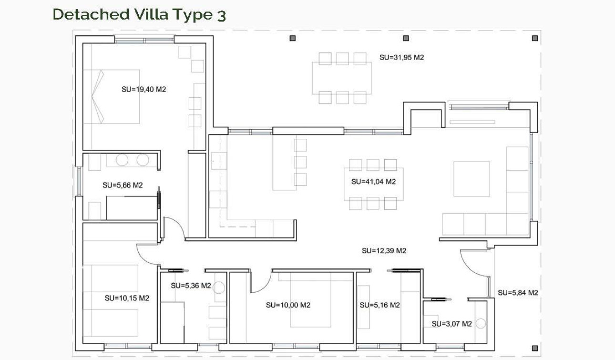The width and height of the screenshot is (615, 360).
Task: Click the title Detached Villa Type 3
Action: (139, 14)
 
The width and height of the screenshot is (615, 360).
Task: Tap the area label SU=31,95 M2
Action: (401, 57)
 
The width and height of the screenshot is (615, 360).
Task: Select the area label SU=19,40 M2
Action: (143, 89)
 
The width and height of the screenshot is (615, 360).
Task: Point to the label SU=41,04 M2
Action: (373, 182)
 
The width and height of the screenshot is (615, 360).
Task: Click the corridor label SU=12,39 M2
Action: (384, 251)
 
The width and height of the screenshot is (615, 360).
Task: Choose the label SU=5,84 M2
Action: (518, 293)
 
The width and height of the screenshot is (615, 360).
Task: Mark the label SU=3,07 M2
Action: (451, 324)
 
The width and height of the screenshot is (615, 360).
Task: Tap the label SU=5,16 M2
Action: (379, 305)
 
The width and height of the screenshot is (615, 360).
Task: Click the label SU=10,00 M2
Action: (288, 305)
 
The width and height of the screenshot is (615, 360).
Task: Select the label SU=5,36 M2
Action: (191, 286)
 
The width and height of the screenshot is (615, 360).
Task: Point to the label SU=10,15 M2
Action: (127, 298)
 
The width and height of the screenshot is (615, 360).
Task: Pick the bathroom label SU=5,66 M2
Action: (123, 185)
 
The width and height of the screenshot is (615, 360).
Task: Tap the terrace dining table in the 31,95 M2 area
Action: (342, 78)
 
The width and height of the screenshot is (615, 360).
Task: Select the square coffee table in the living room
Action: (471, 179)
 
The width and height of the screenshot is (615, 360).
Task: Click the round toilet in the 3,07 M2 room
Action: (481, 324)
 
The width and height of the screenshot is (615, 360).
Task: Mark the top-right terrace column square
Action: (535, 38)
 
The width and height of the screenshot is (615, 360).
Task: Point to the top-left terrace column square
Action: (293, 38)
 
